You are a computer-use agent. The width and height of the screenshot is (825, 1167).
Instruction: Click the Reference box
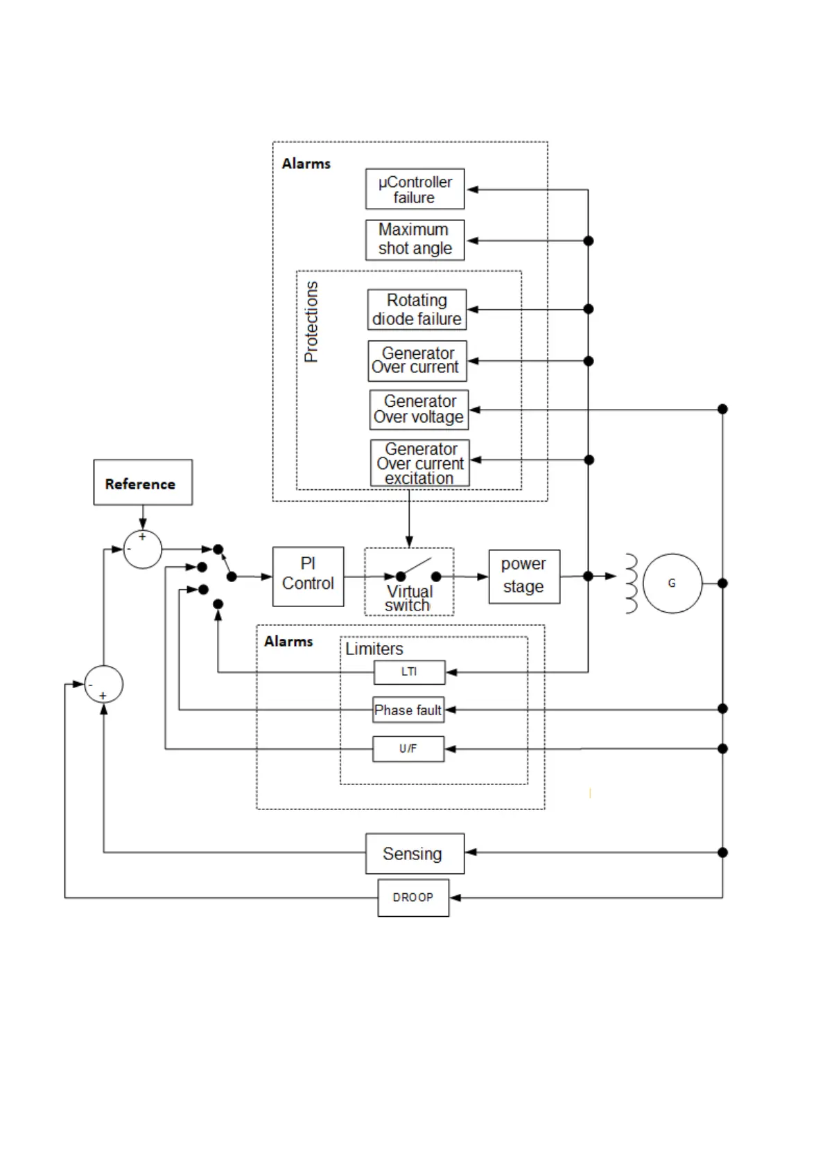pyautogui.click(x=143, y=482)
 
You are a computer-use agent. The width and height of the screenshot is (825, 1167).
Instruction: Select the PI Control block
pyautogui.click(x=308, y=577)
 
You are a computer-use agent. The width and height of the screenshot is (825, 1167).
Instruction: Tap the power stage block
pyautogui.click(x=523, y=577)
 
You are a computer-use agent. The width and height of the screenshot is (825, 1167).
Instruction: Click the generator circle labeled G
pyautogui.click(x=672, y=583)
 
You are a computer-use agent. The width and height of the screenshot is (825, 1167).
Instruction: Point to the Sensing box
pyautogui.click(x=415, y=853)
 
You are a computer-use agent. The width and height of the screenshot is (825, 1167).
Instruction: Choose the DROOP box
pyautogui.click(x=413, y=897)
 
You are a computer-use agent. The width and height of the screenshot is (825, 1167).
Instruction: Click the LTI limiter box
pyautogui.click(x=409, y=672)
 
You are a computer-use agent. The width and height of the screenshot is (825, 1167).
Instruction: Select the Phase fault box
pyautogui.click(x=408, y=710)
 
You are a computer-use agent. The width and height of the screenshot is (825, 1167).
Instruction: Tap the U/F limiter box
pyautogui.click(x=408, y=748)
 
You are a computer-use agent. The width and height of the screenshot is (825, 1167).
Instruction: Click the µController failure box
pyautogui.click(x=415, y=189)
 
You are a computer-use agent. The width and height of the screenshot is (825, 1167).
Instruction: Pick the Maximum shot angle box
pyautogui.click(x=415, y=240)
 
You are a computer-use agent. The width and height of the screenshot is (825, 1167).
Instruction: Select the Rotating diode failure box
pyautogui.click(x=417, y=309)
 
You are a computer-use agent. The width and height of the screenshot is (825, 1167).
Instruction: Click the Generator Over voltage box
pyautogui.click(x=419, y=410)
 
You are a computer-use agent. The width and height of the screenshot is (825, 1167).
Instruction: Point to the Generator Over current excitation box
pyautogui.click(x=419, y=463)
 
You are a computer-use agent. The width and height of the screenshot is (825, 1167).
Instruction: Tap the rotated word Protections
pyautogui.click(x=311, y=322)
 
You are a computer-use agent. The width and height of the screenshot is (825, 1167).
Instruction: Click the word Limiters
pyautogui.click(x=374, y=649)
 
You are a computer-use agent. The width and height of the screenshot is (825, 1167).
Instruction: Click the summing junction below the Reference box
pyautogui.click(x=143, y=550)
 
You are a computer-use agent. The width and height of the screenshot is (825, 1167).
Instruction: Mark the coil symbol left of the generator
pyautogui.click(x=631, y=583)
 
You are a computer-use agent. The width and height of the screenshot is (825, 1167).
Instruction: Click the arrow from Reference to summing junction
pyautogui.click(x=143, y=518)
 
